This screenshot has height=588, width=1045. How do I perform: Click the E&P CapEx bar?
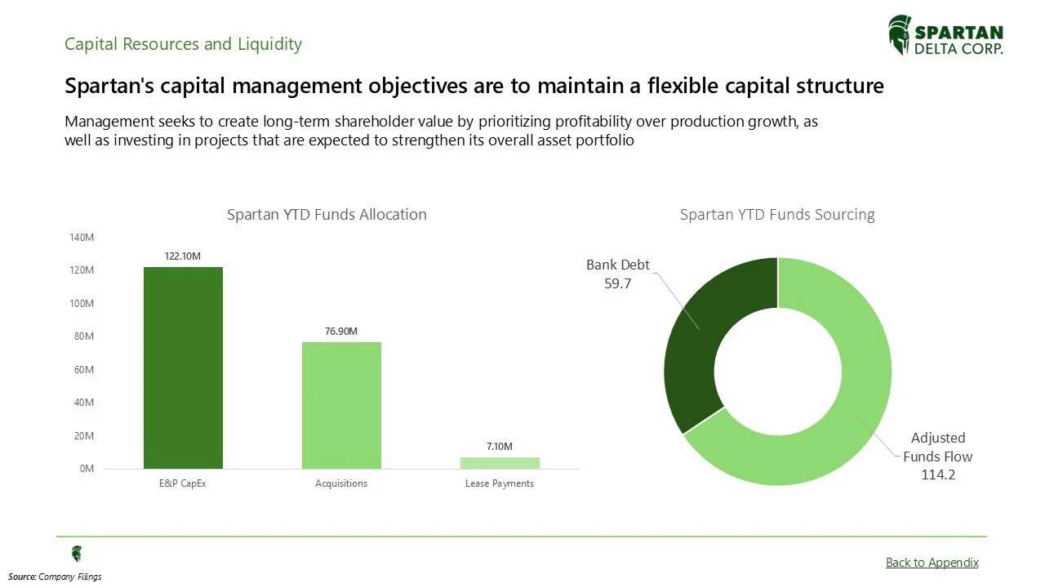click(x=183, y=367)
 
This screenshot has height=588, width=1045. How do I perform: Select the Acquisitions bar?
click(x=341, y=405)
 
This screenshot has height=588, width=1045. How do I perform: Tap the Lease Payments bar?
click(x=500, y=463)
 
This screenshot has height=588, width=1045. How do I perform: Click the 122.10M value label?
click(x=183, y=256)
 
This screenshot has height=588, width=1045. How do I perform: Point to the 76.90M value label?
click(x=341, y=332)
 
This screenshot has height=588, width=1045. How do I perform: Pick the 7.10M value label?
click(x=500, y=447)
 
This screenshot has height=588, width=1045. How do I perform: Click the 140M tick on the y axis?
click(x=82, y=238)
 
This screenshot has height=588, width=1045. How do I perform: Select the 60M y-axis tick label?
click(x=84, y=370)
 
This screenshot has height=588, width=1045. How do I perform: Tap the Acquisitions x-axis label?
click(x=341, y=483)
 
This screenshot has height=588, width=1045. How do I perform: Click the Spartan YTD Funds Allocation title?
click(x=327, y=215)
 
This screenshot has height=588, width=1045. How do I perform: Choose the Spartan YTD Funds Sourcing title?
click(x=777, y=215)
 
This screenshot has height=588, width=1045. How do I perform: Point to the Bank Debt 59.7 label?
click(x=618, y=274)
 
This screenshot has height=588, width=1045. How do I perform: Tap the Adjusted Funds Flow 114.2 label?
click(x=937, y=456)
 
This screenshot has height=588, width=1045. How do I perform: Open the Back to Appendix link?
click(x=932, y=562)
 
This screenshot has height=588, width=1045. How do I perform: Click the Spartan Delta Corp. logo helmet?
click(x=899, y=34)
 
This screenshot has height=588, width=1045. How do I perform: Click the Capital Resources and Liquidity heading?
click(x=183, y=44)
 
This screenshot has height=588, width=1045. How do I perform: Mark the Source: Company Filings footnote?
click(x=56, y=577)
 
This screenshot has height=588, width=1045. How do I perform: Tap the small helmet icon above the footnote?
click(x=77, y=554)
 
